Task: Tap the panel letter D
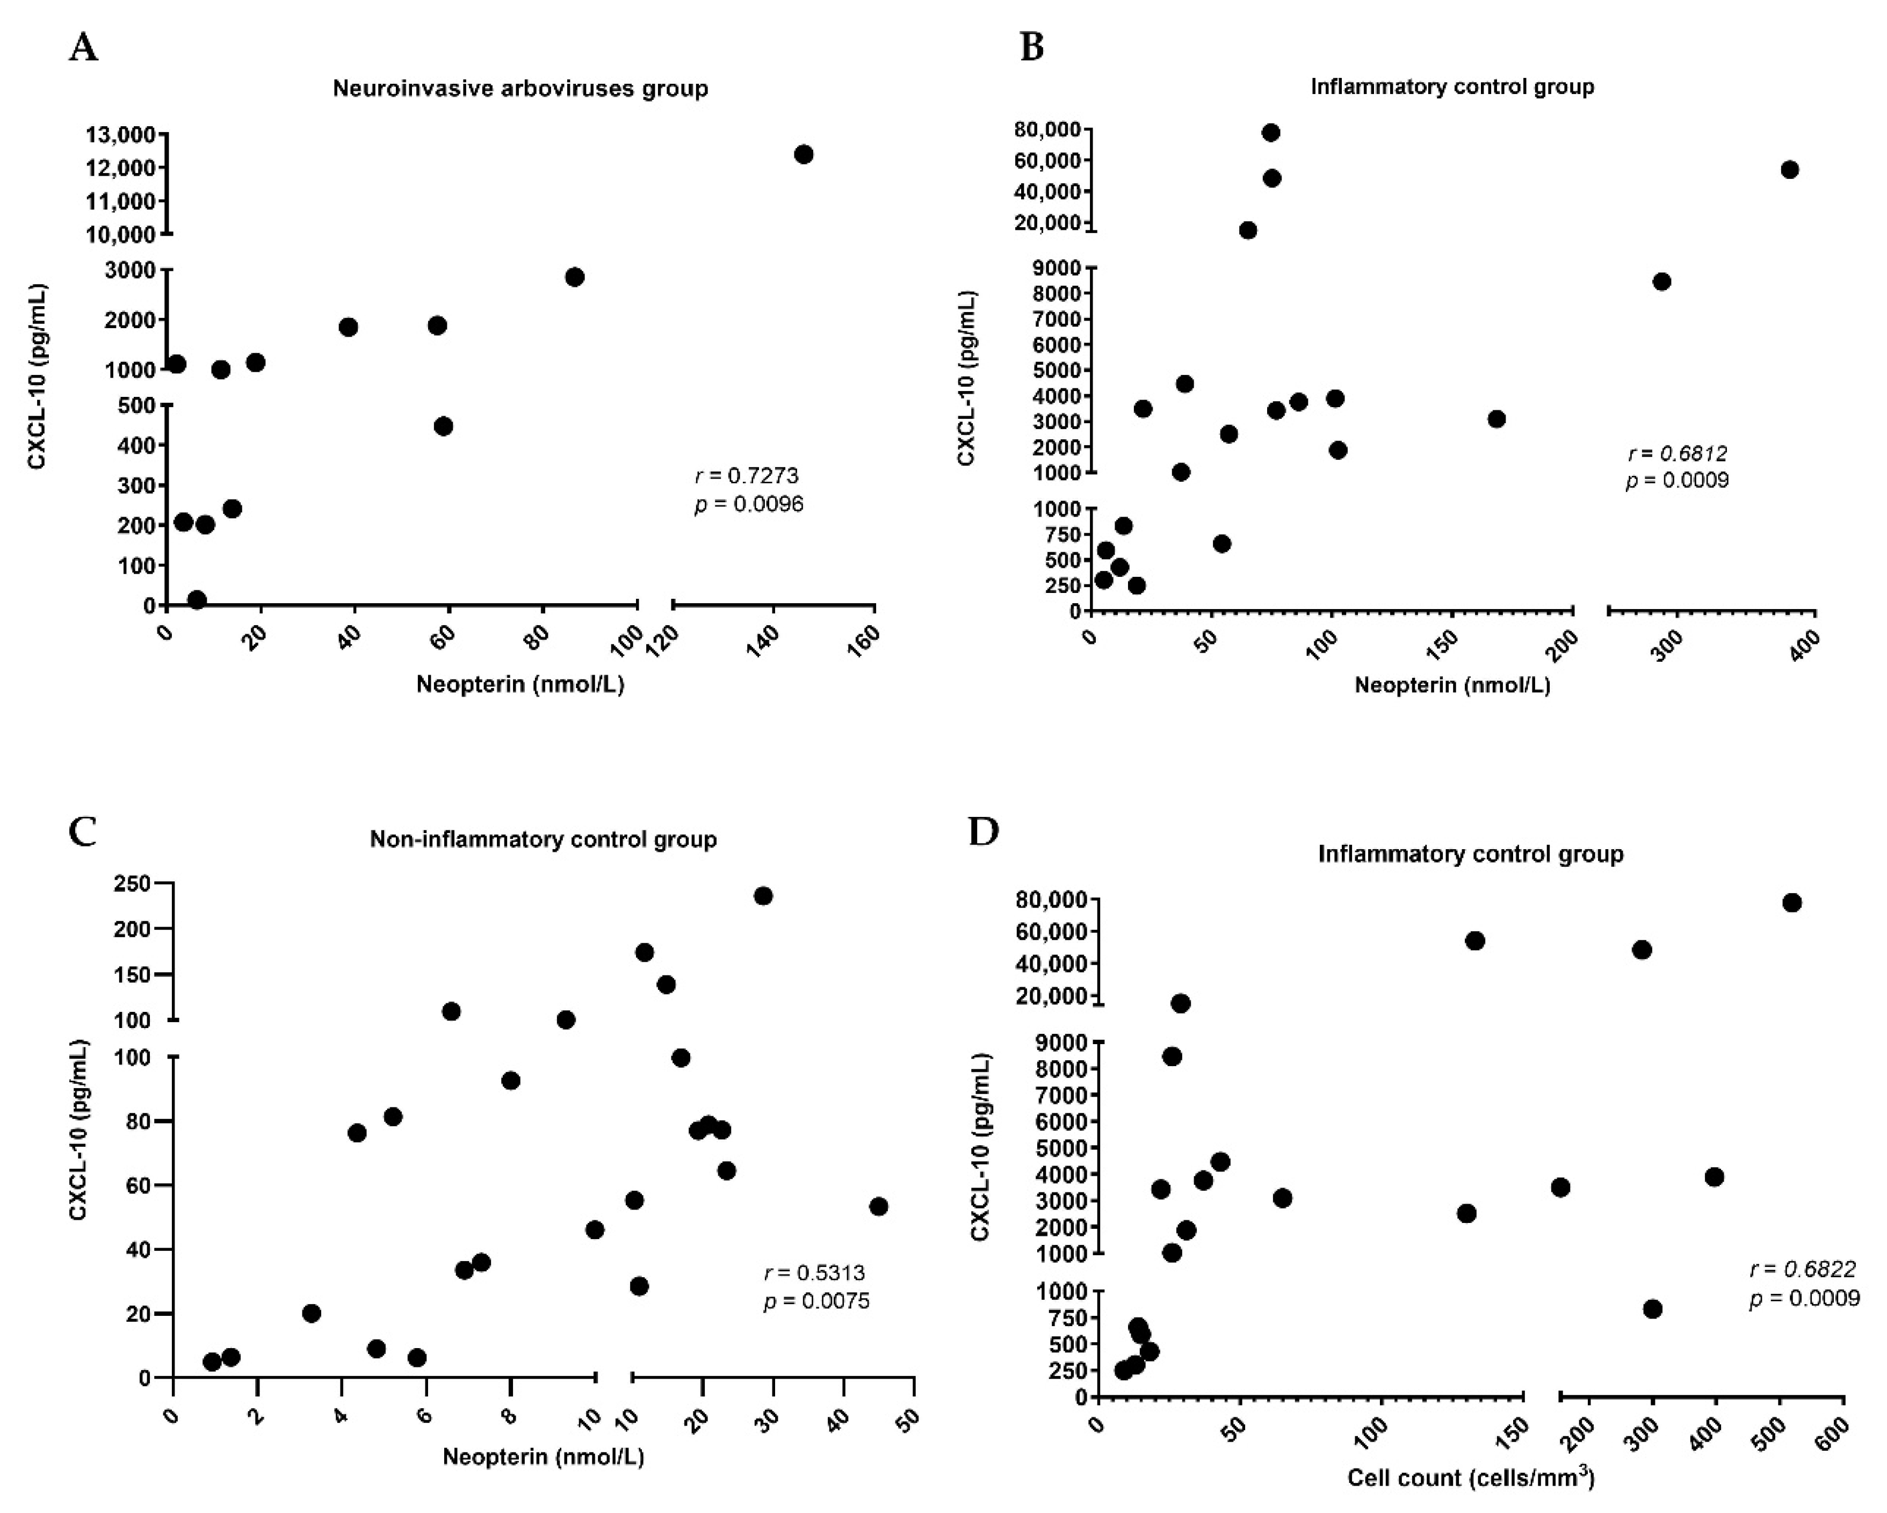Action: pos(984,831)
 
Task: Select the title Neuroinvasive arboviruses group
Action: pos(520,89)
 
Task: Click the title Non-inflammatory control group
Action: pos(543,839)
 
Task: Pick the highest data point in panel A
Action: pos(804,155)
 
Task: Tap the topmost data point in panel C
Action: pos(763,896)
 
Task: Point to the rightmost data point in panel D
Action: pos(1791,903)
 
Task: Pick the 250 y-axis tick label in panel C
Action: pos(132,884)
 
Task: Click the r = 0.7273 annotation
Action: pos(747,476)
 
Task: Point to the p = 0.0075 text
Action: pos(816,1301)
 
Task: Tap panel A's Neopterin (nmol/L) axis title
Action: pos(520,684)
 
